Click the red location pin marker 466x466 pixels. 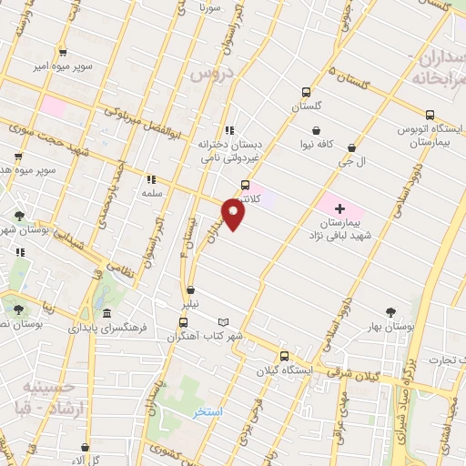[x=234, y=215]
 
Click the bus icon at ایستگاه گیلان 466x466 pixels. [x=285, y=356]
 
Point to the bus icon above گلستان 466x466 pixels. [x=306, y=92]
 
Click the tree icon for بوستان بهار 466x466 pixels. [x=391, y=311]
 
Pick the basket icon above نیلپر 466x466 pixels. [x=189, y=290]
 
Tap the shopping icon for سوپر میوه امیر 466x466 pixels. [x=62, y=53]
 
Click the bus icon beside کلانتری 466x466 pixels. [x=244, y=184]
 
